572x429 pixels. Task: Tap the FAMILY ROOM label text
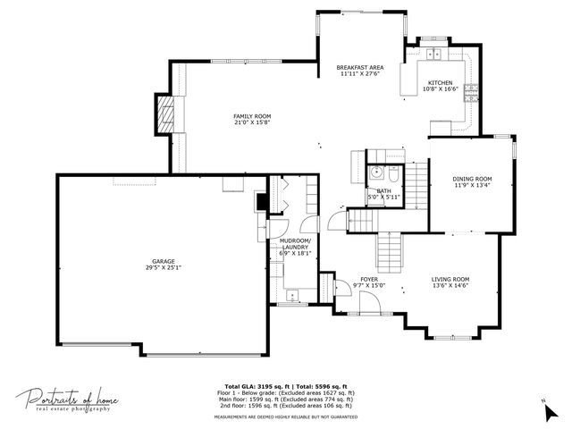[252, 116]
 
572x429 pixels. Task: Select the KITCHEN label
[440, 82]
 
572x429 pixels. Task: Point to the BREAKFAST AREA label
[360, 68]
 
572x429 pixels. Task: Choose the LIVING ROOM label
[450, 279]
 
